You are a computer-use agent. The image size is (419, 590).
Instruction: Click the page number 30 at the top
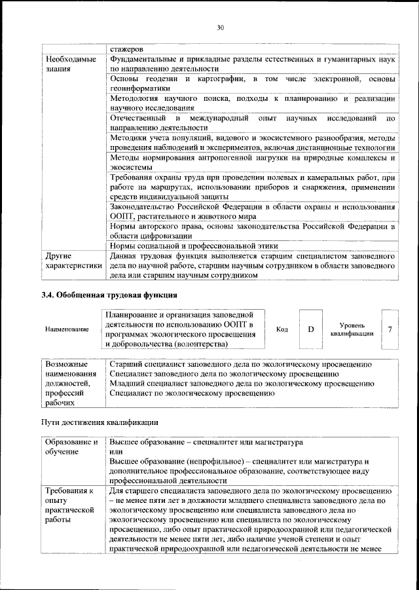(220, 28)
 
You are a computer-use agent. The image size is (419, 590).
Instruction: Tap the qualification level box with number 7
(390, 329)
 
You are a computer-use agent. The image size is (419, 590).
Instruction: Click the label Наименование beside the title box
(67, 329)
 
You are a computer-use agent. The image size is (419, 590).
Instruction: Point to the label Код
(282, 329)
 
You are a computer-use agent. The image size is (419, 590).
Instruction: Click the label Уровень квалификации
(352, 329)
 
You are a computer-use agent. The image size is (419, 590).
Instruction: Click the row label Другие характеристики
(73, 261)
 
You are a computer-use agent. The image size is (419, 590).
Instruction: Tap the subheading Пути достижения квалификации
(100, 422)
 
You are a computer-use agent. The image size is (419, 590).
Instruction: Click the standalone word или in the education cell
(115, 452)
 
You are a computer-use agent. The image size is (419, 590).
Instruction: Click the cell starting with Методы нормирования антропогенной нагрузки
(252, 162)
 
